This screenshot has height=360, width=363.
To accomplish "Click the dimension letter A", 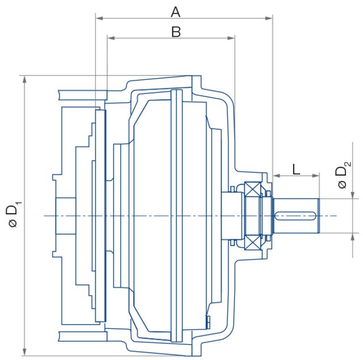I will pos(175,11).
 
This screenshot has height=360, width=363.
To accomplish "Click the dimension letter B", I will pos(176,32).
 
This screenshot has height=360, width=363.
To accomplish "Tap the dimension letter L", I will pos(296,168).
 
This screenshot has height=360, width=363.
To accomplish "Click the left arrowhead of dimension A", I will pos(98,18).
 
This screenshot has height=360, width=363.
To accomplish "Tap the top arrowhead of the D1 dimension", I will pos(24,78).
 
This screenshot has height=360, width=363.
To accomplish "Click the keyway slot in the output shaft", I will pos(296,215).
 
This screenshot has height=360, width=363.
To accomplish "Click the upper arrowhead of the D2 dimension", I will pos(356,196).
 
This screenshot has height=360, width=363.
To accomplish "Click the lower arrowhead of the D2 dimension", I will pos(356,236).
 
